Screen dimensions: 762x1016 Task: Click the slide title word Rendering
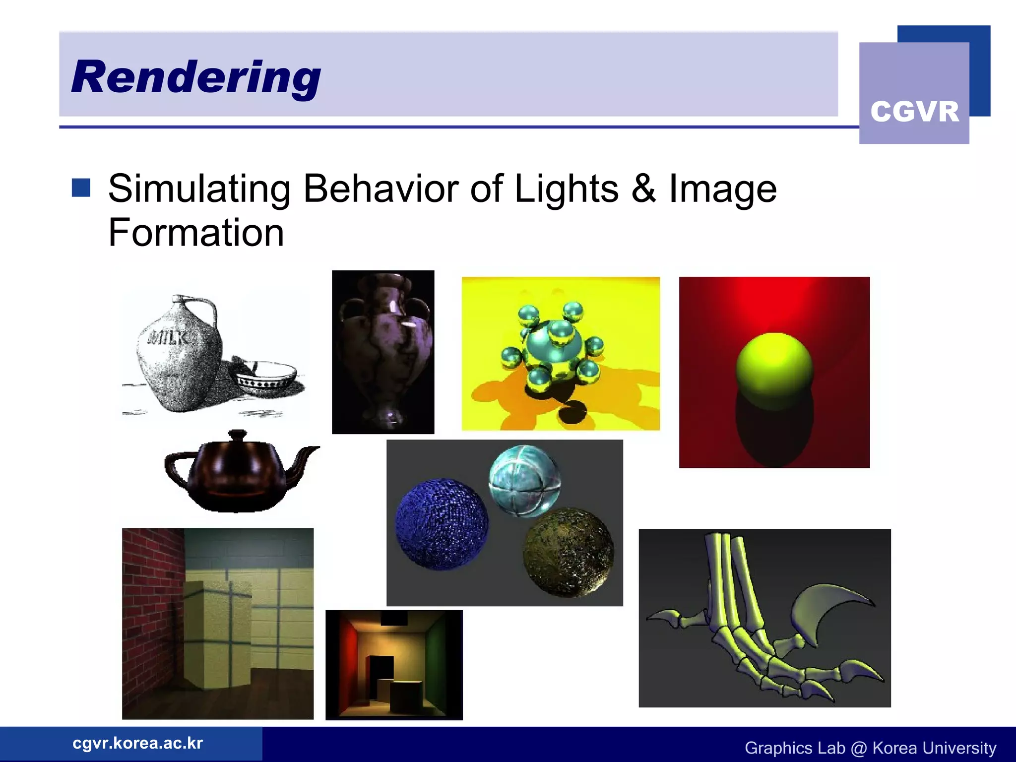(x=196, y=77)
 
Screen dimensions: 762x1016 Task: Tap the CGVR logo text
(x=914, y=112)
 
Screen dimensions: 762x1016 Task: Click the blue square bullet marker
(x=81, y=188)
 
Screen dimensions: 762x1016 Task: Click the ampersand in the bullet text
(x=643, y=189)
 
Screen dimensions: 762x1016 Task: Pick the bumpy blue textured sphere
(x=442, y=523)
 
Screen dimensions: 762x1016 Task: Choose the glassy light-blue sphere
(x=524, y=480)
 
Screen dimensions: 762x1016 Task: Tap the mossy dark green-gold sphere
(x=569, y=552)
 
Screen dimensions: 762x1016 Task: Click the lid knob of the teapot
(x=238, y=434)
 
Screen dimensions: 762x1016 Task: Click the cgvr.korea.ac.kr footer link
(x=138, y=743)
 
